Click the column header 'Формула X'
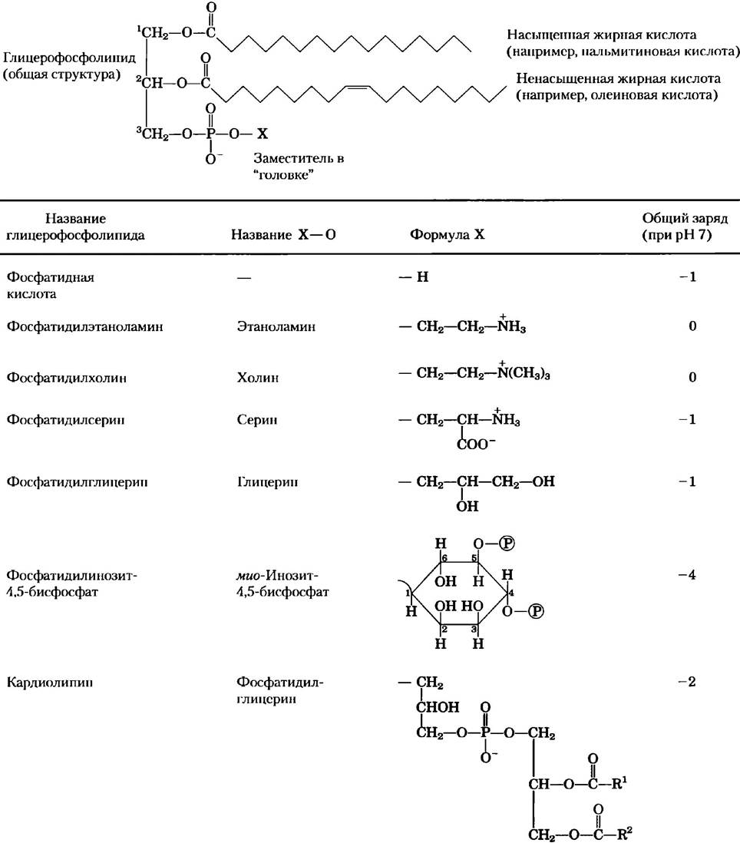point(447,235)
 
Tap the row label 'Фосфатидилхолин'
point(67,378)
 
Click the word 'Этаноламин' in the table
point(276,326)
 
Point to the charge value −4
point(687,575)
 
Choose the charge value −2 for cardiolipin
point(687,682)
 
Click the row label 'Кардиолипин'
point(49,683)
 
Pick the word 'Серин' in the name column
point(257,419)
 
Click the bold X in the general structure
point(262,134)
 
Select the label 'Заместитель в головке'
point(299,167)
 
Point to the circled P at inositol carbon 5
point(506,544)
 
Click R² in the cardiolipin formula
point(624,834)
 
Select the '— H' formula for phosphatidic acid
point(414,277)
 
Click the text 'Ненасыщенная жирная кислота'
point(618,78)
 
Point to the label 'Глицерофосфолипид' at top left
point(69,58)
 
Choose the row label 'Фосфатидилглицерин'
point(77,481)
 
